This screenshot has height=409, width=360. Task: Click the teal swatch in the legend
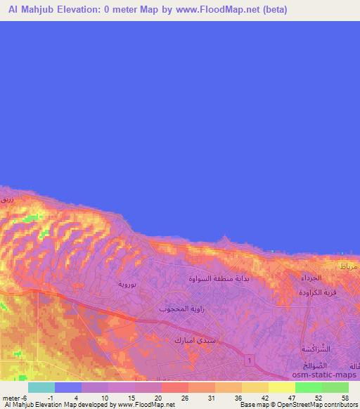point(41,387)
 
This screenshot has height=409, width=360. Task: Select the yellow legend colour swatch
point(282,387)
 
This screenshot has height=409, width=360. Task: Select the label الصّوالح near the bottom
point(319,365)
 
